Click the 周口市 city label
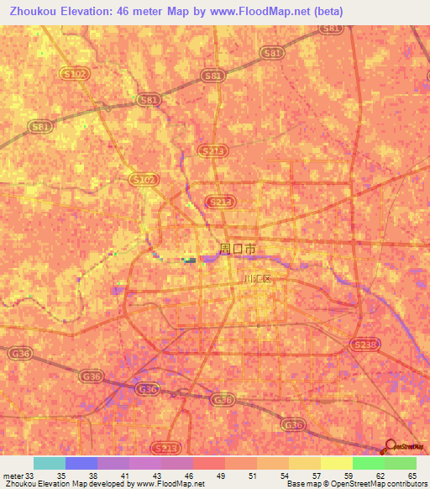point(238,249)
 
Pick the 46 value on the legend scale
point(191,476)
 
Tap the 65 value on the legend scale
point(412,476)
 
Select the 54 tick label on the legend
point(286,476)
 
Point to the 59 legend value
point(349,476)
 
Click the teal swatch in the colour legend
point(49,463)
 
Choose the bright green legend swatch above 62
point(368,463)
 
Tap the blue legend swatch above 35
point(81,463)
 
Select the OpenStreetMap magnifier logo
point(391,446)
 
